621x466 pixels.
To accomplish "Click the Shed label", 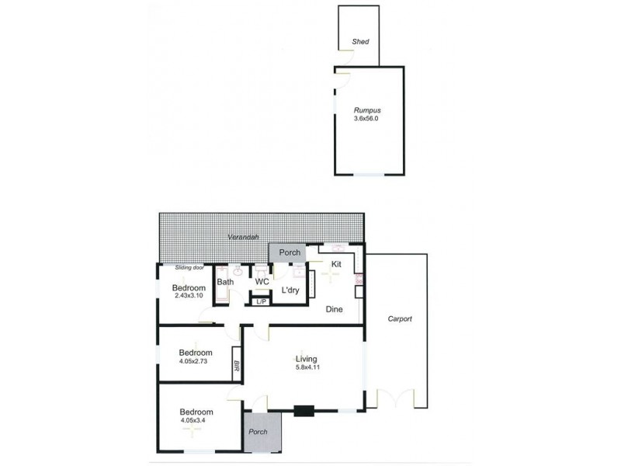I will pyautogui.click(x=360, y=42).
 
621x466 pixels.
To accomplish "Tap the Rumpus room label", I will pyautogui.click(x=367, y=110).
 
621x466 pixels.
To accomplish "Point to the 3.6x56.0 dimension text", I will pyautogui.click(x=367, y=120).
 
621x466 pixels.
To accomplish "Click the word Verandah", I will pyautogui.click(x=243, y=237).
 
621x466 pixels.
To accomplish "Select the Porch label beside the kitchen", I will pyautogui.click(x=290, y=252).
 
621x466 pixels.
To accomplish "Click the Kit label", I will pyautogui.click(x=336, y=265).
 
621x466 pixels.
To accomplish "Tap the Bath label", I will pyautogui.click(x=225, y=282).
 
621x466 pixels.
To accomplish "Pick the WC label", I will pyautogui.click(x=262, y=282).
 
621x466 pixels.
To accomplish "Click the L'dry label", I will pyautogui.click(x=290, y=290).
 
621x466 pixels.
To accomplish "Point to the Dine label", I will pyautogui.click(x=335, y=309).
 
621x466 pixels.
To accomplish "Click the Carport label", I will pyautogui.click(x=400, y=319).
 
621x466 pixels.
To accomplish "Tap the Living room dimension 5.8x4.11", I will pyautogui.click(x=306, y=368).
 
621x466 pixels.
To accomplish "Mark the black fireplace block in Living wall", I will pyautogui.click(x=304, y=412).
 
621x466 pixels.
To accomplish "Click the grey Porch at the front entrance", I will pyautogui.click(x=262, y=432).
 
